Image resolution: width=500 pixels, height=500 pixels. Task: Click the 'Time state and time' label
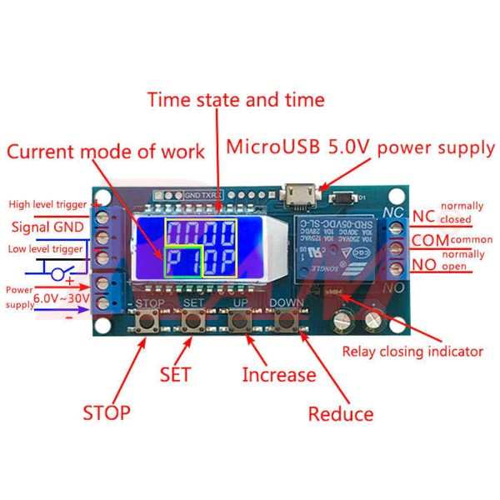pyautogui.click(x=236, y=100)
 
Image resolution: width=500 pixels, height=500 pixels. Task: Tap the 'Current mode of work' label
pyautogui.click(x=106, y=152)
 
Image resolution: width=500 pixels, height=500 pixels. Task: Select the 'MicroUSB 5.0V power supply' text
pyautogui.click(x=361, y=148)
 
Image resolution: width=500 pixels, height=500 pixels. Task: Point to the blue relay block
pyautogui.click(x=337, y=247)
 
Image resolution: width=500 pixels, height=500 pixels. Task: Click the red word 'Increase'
pyautogui.click(x=278, y=375)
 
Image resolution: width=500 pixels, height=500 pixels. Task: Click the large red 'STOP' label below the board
pyautogui.click(x=106, y=412)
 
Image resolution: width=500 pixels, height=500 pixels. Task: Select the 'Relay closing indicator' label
pyautogui.click(x=412, y=351)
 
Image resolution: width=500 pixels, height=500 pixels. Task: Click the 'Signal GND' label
pyautogui.click(x=47, y=227)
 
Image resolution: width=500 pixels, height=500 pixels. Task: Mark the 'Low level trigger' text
pyautogui.click(x=46, y=249)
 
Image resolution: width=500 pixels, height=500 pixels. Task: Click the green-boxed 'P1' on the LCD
pyautogui.click(x=183, y=261)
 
